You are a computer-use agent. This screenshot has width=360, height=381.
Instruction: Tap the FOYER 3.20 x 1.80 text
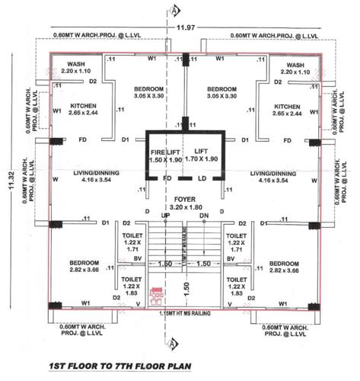click(x=180, y=202)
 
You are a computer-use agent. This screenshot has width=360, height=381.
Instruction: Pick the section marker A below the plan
click(x=177, y=336)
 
